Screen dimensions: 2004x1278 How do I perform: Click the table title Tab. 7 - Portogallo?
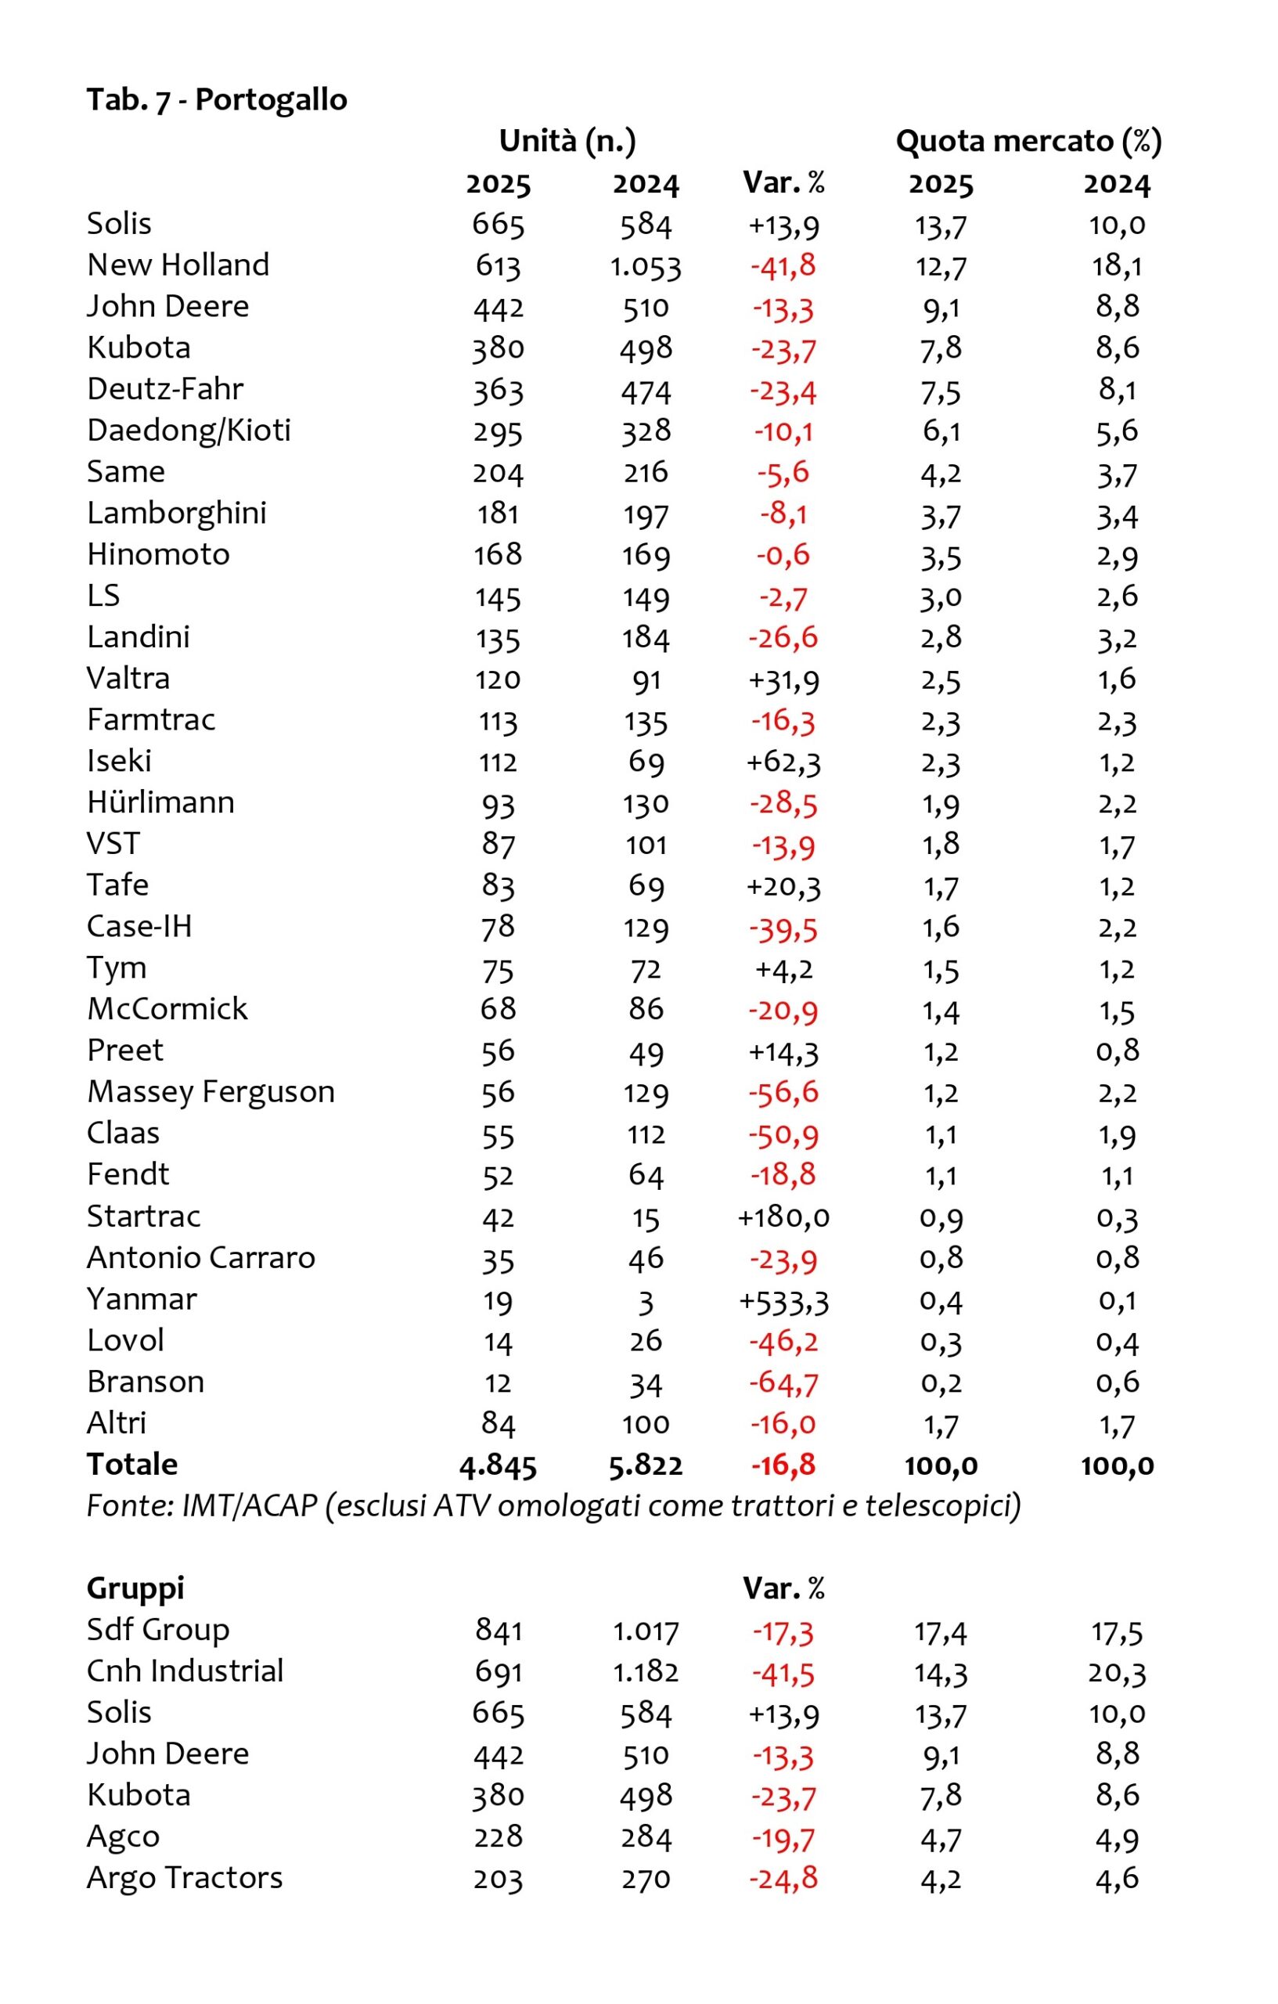216,100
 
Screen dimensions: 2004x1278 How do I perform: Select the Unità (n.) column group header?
567,142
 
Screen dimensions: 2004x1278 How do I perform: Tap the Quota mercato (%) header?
1028,142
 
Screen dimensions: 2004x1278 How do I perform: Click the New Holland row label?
178,265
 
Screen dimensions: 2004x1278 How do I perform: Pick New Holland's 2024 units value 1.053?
646,266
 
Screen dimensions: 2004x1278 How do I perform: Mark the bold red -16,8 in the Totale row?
783,1465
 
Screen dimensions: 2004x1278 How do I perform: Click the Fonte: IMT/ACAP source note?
553,1505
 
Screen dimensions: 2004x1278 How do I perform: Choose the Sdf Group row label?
158,1631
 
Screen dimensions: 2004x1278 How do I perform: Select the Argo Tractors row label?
185,1878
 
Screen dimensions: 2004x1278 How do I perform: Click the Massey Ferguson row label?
211,1092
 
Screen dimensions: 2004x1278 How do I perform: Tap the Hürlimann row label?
160,803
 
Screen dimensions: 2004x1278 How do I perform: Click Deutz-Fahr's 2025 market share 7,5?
941,391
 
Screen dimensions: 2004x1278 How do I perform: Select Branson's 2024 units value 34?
646,1384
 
